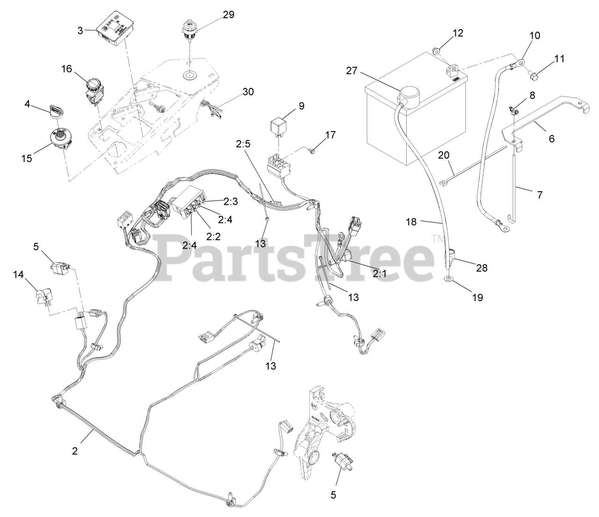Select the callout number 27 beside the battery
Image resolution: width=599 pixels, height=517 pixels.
[x=351, y=71]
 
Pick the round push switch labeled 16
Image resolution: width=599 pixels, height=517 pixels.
[x=93, y=87]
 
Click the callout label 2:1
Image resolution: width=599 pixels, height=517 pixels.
[x=380, y=274]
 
